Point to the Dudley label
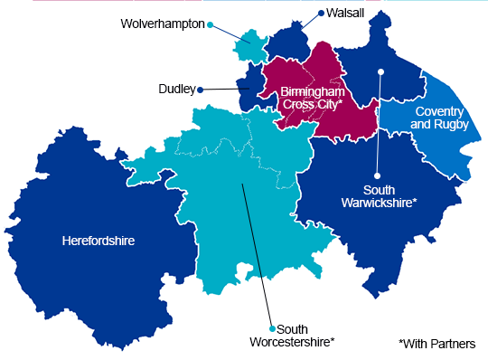pyautogui.click(x=176, y=90)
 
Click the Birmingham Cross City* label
pyautogui.click(x=311, y=99)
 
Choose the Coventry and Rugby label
pyautogui.click(x=440, y=118)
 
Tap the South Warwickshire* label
pyautogui.click(x=389, y=196)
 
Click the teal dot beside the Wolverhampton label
pyautogui.click(x=210, y=24)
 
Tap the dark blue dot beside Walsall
pyautogui.click(x=320, y=14)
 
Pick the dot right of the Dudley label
pyautogui.click(x=201, y=90)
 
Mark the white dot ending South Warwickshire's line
pyautogui.click(x=381, y=71)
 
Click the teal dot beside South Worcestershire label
pyautogui.click(x=271, y=328)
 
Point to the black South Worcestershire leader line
pyautogui.click(x=257, y=253)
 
